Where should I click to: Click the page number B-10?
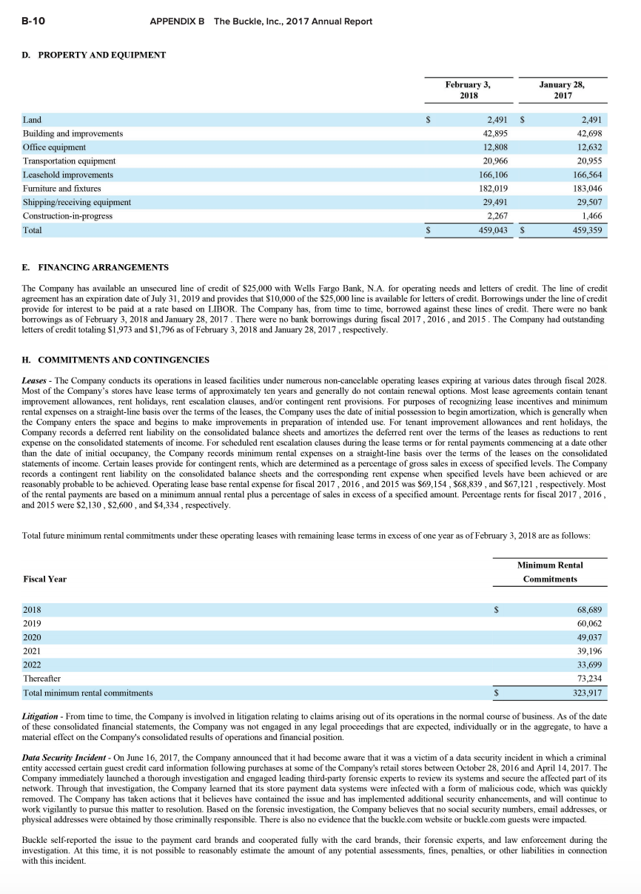(x=33, y=21)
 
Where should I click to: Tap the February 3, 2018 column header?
(x=468, y=90)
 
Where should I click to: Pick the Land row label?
(x=33, y=119)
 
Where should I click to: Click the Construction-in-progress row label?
(x=67, y=216)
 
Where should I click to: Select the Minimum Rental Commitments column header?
(x=550, y=572)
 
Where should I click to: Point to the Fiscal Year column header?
(x=44, y=579)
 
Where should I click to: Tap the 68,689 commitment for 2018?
(x=589, y=610)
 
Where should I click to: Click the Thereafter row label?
(x=42, y=678)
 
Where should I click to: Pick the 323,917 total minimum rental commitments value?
(x=588, y=693)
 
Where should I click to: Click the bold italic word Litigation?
(x=40, y=717)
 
